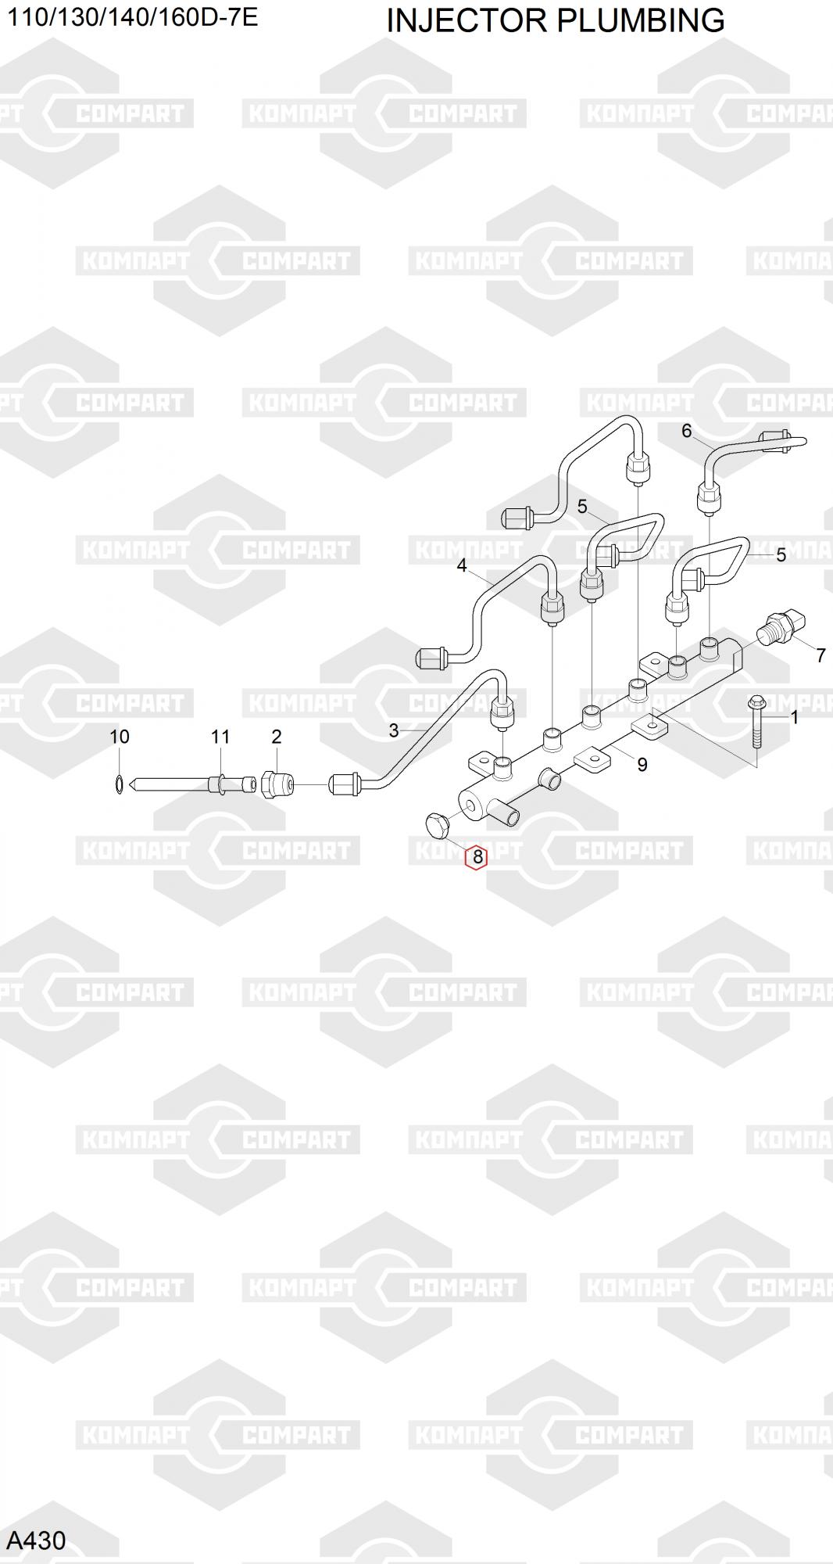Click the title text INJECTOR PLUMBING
coord(555,20)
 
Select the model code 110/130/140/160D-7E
coord(133,17)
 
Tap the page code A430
coord(36,1540)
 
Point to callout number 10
coord(119,737)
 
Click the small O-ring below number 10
coord(118,783)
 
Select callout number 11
coord(220,737)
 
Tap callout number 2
coord(276,737)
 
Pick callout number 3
coord(394,730)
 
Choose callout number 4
coord(462,565)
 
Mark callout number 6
coord(686,431)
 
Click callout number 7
coord(820,655)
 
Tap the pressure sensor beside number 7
coord(781,629)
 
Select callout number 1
coord(795,717)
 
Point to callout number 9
coord(642,764)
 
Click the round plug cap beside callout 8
coord(437,824)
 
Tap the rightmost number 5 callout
coord(781,555)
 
